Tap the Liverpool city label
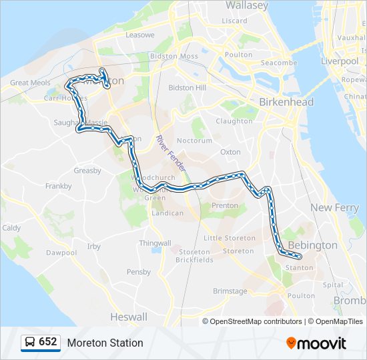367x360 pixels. pos(340,61)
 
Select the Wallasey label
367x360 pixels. pos(246,5)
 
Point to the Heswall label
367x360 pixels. pos(128,316)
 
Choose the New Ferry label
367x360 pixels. pos(334,208)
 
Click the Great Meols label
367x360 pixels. pos(30,83)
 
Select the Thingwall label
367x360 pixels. pos(155,243)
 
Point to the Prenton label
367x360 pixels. pos(224,206)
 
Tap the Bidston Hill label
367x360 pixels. pos(188,88)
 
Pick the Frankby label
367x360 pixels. pos(59,187)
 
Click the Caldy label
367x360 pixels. pos(11,227)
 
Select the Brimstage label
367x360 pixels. pos(230,291)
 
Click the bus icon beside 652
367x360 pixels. pos(30,343)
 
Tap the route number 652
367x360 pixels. pos(48,342)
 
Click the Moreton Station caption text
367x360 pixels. pos(105,343)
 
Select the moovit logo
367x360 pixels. pos(316,343)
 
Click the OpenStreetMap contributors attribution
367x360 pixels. pos(254,321)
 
